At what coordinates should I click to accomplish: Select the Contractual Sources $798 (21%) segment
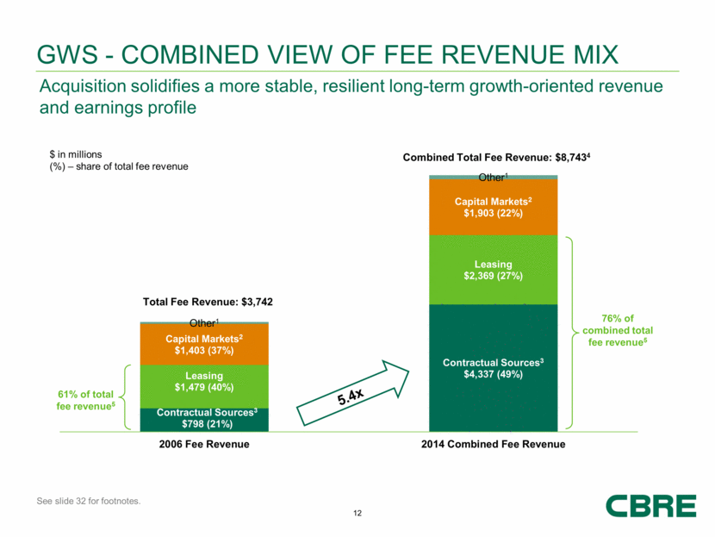click(x=205, y=419)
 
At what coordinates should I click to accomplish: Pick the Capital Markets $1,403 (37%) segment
click(x=205, y=345)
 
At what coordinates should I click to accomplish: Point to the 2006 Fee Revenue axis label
click(x=205, y=444)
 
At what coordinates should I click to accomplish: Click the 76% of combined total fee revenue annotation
click(x=618, y=331)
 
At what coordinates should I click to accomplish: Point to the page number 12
click(x=357, y=514)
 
